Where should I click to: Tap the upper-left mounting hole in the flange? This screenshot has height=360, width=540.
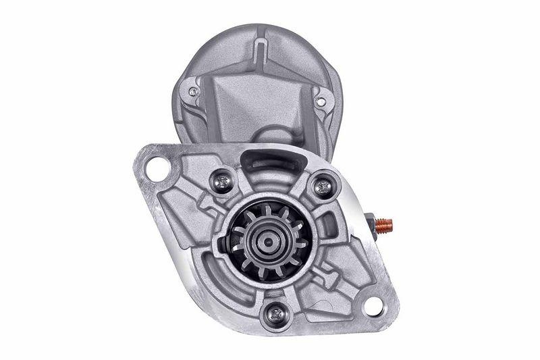157,168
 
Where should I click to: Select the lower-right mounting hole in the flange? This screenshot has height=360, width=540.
373,306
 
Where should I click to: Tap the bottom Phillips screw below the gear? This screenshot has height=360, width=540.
275,312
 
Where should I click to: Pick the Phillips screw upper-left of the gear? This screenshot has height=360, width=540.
222,180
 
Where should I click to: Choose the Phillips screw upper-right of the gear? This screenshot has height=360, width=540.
323,186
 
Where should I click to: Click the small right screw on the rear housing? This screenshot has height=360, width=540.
321,101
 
